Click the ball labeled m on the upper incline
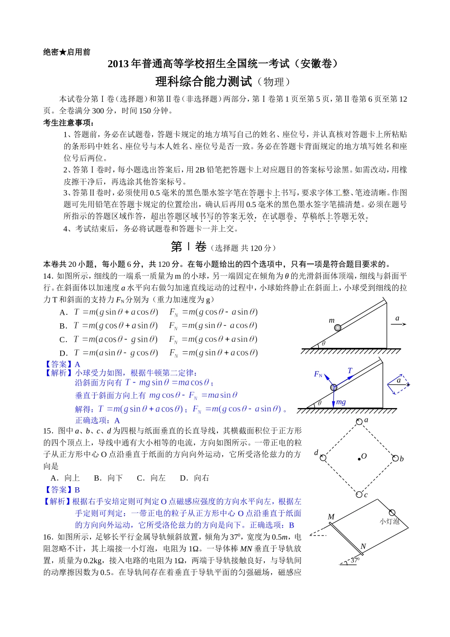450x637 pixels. click(x=338, y=328)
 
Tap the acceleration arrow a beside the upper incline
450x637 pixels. click(x=398, y=324)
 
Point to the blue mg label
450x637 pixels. click(x=341, y=402)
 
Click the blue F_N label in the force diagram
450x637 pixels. click(x=318, y=374)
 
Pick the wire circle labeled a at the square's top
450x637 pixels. click(x=360, y=421)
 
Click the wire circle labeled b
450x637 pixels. click(x=395, y=458)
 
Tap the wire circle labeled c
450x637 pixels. click(x=359, y=494)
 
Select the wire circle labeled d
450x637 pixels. click(x=323, y=458)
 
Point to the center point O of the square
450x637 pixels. click(x=359, y=458)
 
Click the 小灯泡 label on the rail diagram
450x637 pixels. click(x=389, y=521)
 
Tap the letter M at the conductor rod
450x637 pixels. click(x=331, y=517)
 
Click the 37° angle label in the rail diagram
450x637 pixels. click(x=355, y=560)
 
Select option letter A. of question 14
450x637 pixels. click(x=64, y=312)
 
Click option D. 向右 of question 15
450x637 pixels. click(x=195, y=478)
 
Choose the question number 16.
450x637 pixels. click(x=48, y=537)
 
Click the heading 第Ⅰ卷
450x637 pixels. click(x=189, y=247)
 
